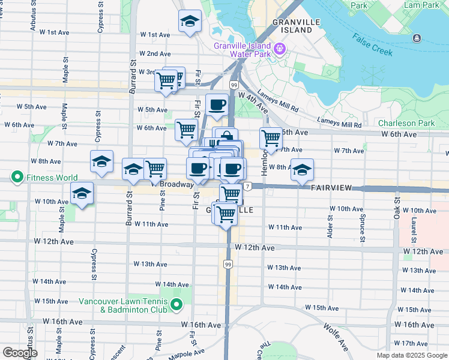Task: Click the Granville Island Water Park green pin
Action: (x=279, y=48)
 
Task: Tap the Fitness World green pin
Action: (x=17, y=178)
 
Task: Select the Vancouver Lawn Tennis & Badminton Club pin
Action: (x=176, y=306)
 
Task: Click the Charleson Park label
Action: (x=406, y=123)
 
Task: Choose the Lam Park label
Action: (x=421, y=5)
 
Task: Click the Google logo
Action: (x=20, y=352)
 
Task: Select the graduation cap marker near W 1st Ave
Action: (x=190, y=22)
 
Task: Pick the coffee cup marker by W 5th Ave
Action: (x=217, y=104)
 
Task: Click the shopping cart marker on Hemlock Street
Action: (x=271, y=138)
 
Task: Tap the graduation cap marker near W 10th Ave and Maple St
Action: (x=82, y=193)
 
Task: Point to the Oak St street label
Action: (x=397, y=205)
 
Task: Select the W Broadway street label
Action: (x=173, y=184)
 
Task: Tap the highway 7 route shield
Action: (x=247, y=187)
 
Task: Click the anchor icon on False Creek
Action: (x=417, y=38)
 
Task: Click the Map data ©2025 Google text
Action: (x=412, y=355)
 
